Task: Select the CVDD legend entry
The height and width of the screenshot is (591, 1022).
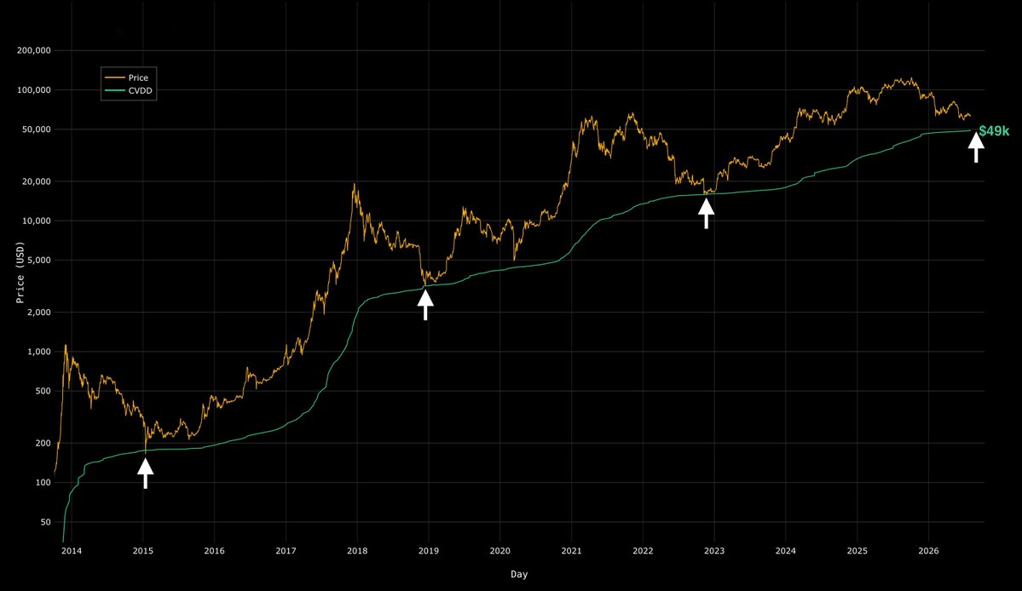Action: tap(129, 90)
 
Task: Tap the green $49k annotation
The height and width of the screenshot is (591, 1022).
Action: tap(994, 131)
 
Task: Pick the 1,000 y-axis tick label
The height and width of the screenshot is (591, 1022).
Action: tap(39, 352)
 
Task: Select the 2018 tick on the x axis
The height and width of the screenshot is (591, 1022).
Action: tap(357, 551)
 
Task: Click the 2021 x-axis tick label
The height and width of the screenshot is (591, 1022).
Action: tap(572, 551)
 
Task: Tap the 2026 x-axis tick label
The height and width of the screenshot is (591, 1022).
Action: tap(929, 551)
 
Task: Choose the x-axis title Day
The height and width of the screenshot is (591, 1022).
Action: tap(519, 574)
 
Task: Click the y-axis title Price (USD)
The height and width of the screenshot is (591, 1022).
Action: tap(20, 273)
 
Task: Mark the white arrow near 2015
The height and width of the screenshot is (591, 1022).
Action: tap(146, 473)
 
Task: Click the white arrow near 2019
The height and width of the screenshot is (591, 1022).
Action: tap(425, 305)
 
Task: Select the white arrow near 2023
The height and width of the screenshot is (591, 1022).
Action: tap(707, 214)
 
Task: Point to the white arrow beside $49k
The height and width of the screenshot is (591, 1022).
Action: tap(976, 147)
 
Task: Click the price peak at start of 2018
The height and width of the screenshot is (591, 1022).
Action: tap(355, 184)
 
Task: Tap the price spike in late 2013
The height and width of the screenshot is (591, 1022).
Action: tap(65, 346)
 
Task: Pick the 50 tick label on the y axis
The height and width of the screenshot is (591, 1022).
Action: tap(46, 522)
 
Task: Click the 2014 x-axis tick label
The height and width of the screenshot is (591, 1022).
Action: tap(72, 551)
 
